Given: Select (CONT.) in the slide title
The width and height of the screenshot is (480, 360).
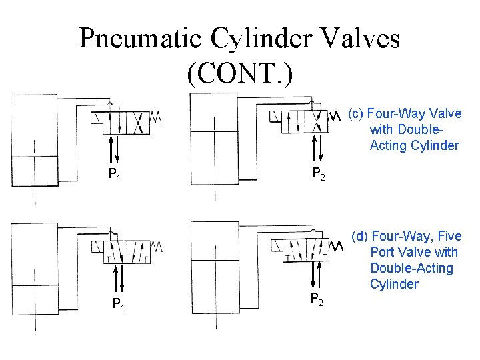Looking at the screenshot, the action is (x=239, y=74).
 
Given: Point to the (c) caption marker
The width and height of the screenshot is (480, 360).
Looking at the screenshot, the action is (x=356, y=114).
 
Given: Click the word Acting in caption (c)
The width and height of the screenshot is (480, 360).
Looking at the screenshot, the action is (x=387, y=145).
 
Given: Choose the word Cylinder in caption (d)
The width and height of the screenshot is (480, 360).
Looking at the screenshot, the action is (x=394, y=284).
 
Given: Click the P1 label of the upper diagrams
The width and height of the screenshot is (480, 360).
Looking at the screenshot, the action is (x=115, y=175).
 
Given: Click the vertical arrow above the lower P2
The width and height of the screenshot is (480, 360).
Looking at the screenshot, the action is (x=320, y=274).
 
